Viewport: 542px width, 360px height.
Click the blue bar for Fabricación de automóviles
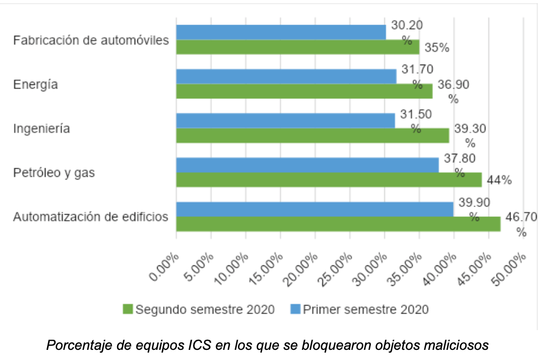281,32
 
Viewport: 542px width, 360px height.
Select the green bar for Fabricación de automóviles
298,47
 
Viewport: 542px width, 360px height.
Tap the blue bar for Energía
286,76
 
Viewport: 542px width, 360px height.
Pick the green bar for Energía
304,91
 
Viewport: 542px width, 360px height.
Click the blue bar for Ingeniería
285,121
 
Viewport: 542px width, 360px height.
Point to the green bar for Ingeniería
312,136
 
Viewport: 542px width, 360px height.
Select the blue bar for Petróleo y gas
307,165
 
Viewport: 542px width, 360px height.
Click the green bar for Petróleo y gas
329,179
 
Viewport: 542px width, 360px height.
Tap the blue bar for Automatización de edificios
315,209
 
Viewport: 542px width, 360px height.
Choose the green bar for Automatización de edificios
338,224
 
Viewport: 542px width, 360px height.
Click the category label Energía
35,85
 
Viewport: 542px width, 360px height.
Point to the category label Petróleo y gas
54,173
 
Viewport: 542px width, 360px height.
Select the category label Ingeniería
42,129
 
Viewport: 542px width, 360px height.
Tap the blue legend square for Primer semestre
296,309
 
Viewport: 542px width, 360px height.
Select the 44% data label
499,180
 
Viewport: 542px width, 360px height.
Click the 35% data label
437,48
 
